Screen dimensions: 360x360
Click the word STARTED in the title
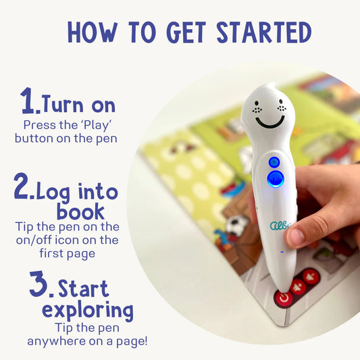point(264,32)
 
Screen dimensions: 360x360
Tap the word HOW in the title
point(93,32)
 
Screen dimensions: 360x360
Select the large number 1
point(28,101)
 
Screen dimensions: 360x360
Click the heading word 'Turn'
point(63,104)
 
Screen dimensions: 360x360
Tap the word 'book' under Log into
point(80,211)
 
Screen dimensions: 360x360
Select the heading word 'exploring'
point(88,311)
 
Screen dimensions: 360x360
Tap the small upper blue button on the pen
point(274,163)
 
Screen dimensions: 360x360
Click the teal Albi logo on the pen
point(280,225)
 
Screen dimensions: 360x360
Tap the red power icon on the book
point(284,299)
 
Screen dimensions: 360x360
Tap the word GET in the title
point(186,32)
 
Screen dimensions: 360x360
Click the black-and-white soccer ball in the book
point(236,224)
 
